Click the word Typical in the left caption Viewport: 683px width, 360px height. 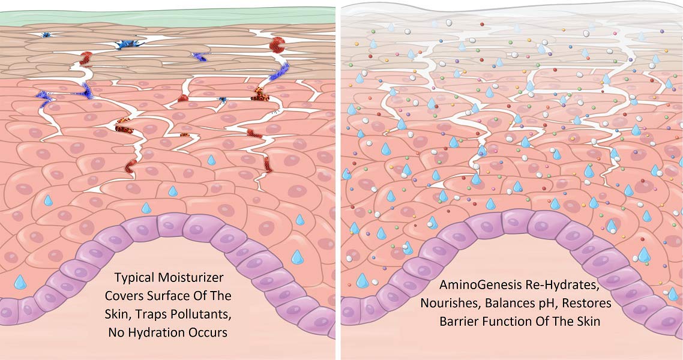(x=134, y=278)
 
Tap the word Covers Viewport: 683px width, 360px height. (x=122, y=296)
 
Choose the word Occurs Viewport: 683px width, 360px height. (x=207, y=333)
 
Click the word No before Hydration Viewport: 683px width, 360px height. (x=116, y=333)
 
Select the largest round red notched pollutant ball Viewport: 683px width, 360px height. (x=277, y=44)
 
